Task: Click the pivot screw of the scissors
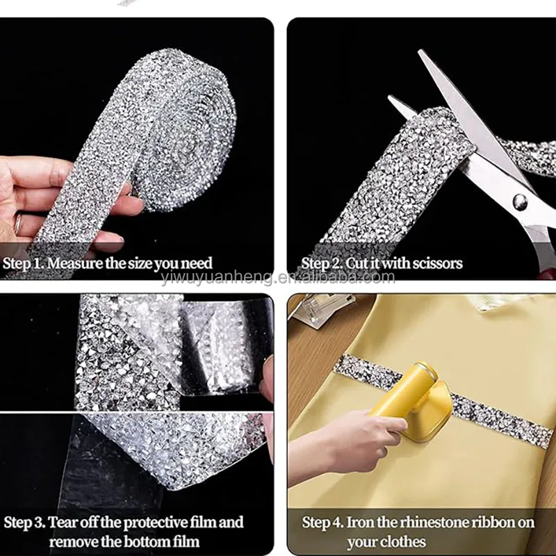pyautogui.click(x=520, y=202)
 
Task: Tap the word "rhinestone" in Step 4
pyautogui.click(x=413, y=523)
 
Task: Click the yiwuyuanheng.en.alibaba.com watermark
pyautogui.click(x=277, y=277)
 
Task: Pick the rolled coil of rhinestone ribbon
pyautogui.click(x=184, y=131)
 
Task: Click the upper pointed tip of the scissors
pyautogui.click(x=420, y=51)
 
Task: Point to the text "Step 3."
pyautogui.click(x=24, y=523)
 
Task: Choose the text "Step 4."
pyautogui.click(x=322, y=523)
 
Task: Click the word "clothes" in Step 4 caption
pyautogui.click(x=404, y=542)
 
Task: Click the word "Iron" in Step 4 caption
pyautogui.click(x=356, y=523)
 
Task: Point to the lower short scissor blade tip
pyautogui.click(x=390, y=97)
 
